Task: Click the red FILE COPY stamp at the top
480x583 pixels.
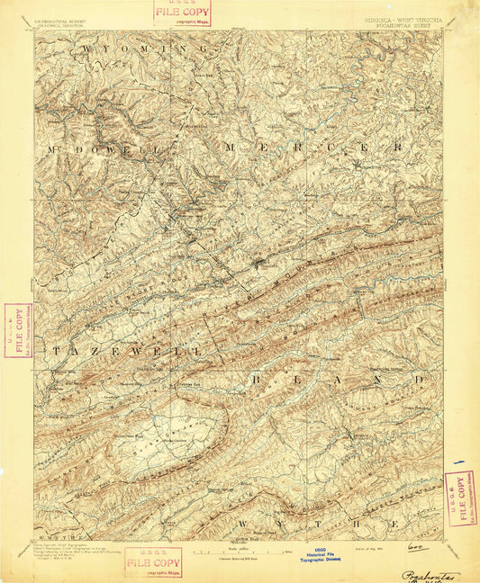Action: tap(180, 14)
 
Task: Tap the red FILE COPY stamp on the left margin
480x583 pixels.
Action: tap(15, 330)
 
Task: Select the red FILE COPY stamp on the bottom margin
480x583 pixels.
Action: tap(152, 563)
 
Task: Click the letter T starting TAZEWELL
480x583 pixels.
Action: tap(56, 350)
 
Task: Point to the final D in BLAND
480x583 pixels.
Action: tap(418, 380)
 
